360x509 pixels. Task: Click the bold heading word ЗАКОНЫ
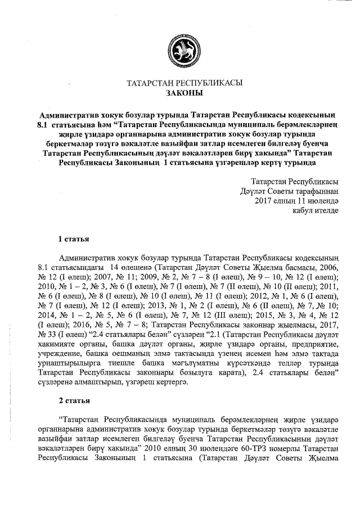184,93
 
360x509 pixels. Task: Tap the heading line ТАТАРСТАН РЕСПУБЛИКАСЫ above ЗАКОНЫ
184,83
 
